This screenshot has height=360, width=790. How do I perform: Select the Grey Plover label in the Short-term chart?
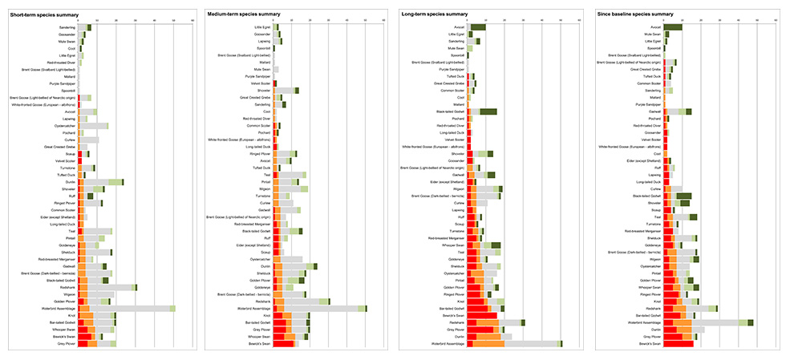pyautogui.click(x=67, y=344)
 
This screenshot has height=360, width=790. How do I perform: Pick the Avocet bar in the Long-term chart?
pyautogui.click(x=478, y=27)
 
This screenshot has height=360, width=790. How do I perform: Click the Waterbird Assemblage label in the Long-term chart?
pyautogui.click(x=447, y=344)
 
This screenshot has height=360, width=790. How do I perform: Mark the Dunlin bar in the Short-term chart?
pyautogui.click(x=101, y=182)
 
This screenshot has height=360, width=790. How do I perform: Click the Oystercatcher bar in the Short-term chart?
pyautogui.click(x=95, y=126)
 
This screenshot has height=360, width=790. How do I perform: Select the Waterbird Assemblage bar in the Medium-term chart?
pyautogui.click(x=321, y=308)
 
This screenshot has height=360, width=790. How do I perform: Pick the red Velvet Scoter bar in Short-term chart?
pyautogui.click(x=79, y=160)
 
